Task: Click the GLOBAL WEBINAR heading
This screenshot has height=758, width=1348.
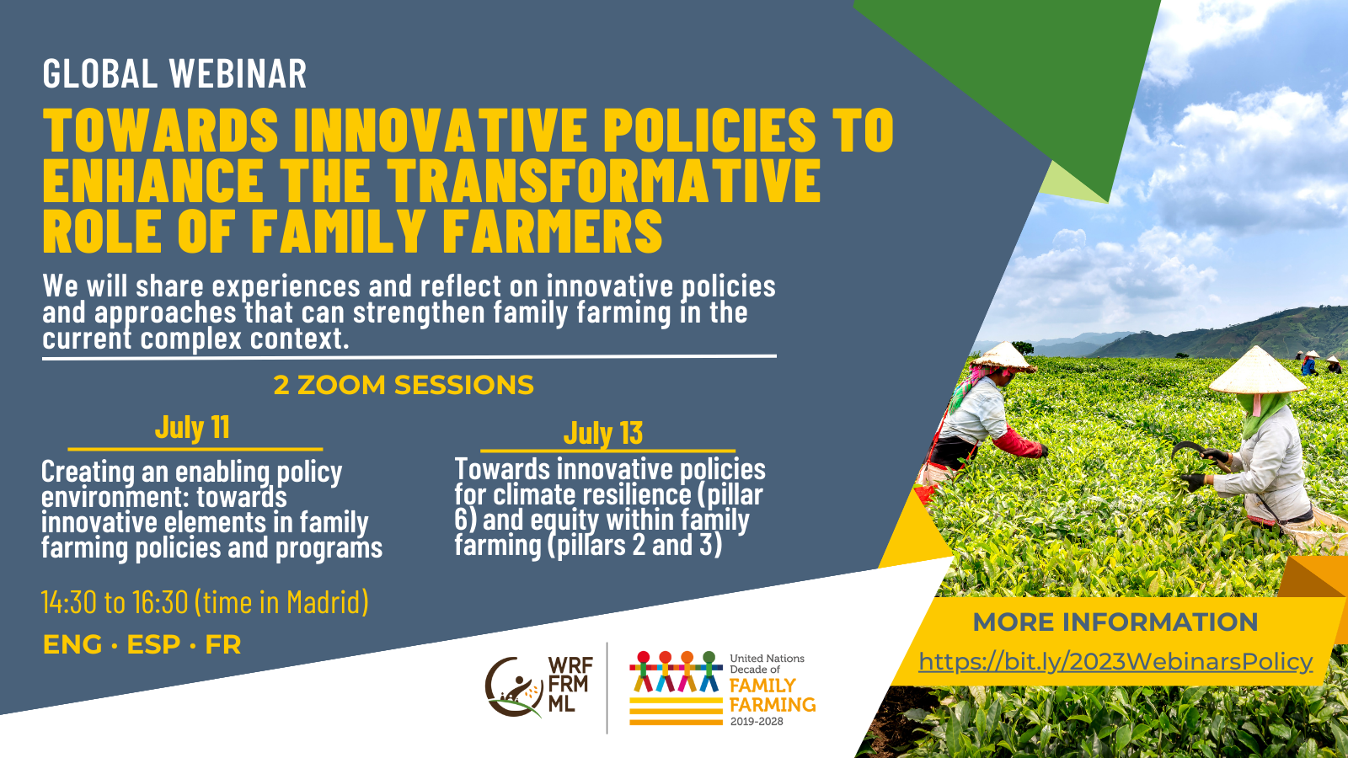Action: click(174, 74)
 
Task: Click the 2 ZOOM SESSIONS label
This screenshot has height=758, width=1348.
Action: click(404, 385)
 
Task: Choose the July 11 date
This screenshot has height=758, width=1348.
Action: click(192, 428)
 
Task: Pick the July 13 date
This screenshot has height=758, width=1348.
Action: click(603, 433)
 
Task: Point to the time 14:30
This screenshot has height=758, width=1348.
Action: click(69, 602)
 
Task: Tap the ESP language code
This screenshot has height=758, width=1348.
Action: click(153, 645)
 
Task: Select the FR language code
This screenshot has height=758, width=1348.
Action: click(223, 645)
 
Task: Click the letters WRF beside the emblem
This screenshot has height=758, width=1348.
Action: click(570, 666)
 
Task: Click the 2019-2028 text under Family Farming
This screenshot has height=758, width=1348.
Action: click(756, 722)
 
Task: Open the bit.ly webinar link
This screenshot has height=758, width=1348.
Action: click(1115, 662)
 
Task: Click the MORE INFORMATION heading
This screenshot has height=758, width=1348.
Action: click(1115, 622)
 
